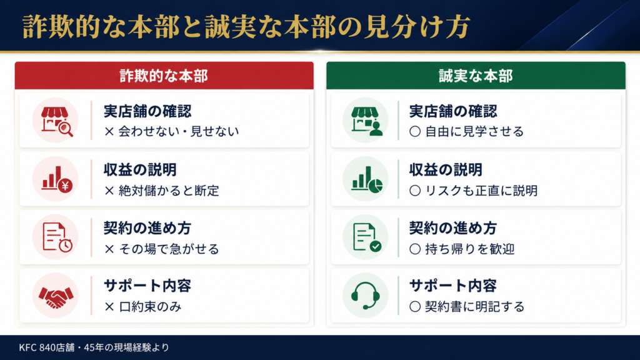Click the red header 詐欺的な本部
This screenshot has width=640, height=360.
pos(164,76)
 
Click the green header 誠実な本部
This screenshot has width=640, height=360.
pos(476,76)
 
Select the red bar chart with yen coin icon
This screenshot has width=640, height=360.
pos(57,179)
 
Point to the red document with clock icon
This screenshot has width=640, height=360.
pos(57,237)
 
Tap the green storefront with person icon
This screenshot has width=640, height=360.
pos(366,121)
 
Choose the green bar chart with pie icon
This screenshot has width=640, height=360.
pos(367,179)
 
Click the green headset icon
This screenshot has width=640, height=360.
pos(365,296)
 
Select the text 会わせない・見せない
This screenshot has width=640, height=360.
pos(179,131)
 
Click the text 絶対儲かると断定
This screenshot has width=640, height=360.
pos(169,191)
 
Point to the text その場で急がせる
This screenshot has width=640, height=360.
pos(169,249)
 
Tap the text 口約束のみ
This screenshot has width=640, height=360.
pos(150,307)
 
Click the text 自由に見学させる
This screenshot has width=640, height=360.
pos(474,131)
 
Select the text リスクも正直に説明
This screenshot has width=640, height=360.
pos(482,191)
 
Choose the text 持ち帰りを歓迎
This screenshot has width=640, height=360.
pos(470,249)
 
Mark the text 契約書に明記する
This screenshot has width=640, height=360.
pos(475,307)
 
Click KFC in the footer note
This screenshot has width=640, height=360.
pos(27,347)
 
